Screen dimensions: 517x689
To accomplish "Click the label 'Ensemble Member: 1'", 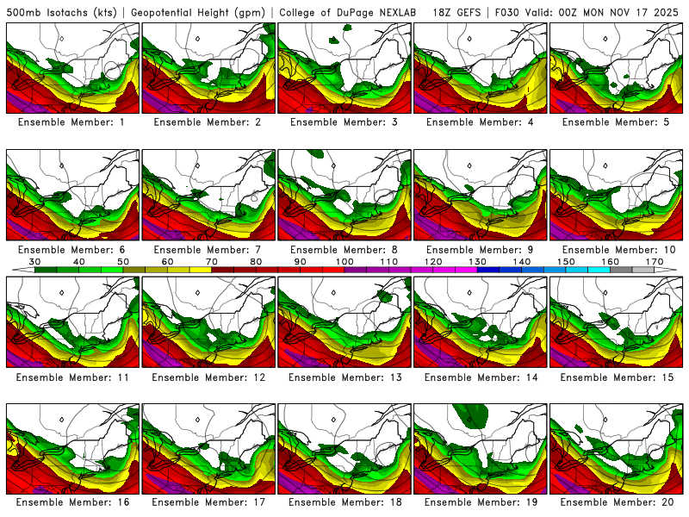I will [x=72, y=122].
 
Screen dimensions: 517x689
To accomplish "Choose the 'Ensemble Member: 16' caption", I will [x=72, y=501].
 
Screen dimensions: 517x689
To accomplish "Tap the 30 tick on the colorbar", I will [x=35, y=261].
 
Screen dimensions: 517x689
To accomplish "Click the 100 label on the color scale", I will [x=344, y=261].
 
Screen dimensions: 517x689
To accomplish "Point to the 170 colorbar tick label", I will [x=655, y=261].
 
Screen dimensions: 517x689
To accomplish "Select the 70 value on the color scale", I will [x=212, y=261].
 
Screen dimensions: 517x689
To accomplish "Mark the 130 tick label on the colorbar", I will [x=477, y=261].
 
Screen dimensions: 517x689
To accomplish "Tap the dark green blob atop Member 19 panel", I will [x=472, y=417].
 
